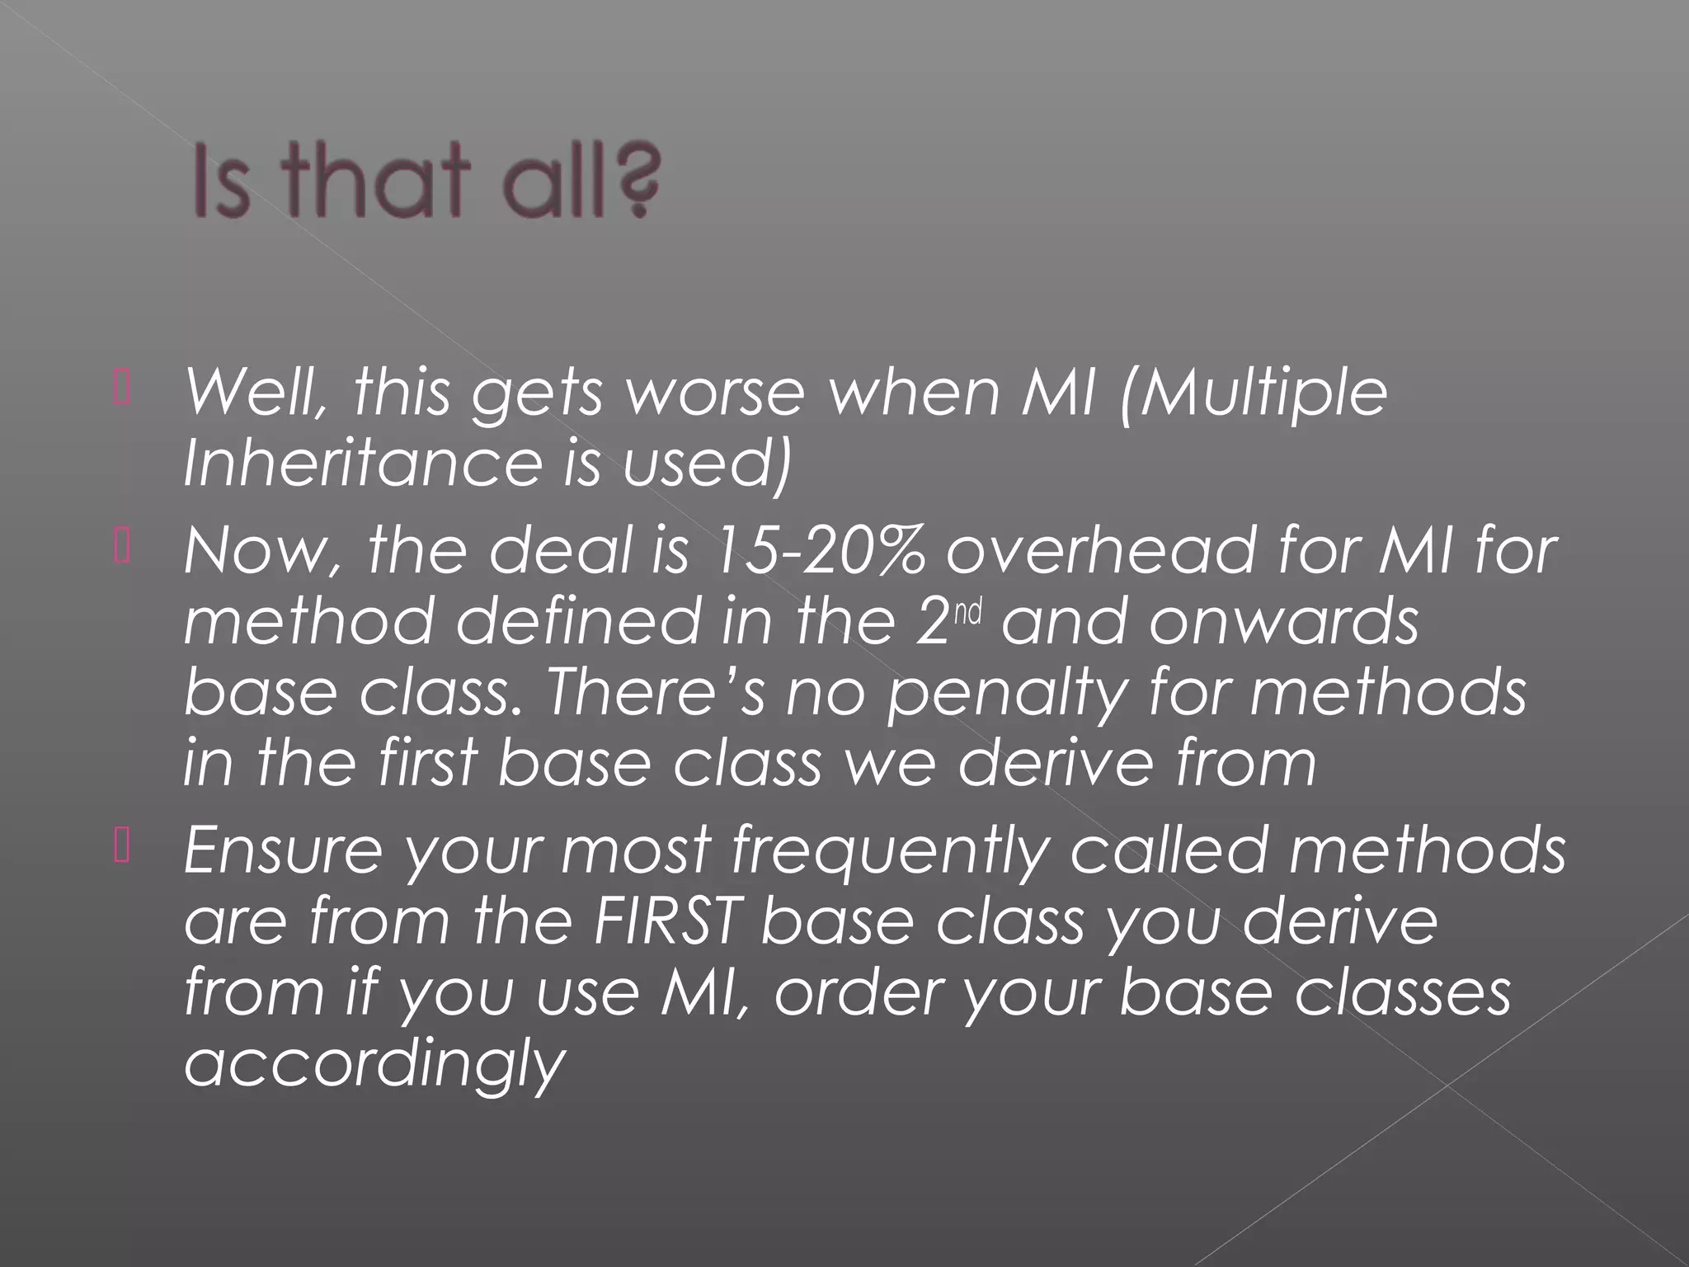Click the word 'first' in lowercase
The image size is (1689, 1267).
tap(428, 761)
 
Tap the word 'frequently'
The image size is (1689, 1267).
tap(890, 850)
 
